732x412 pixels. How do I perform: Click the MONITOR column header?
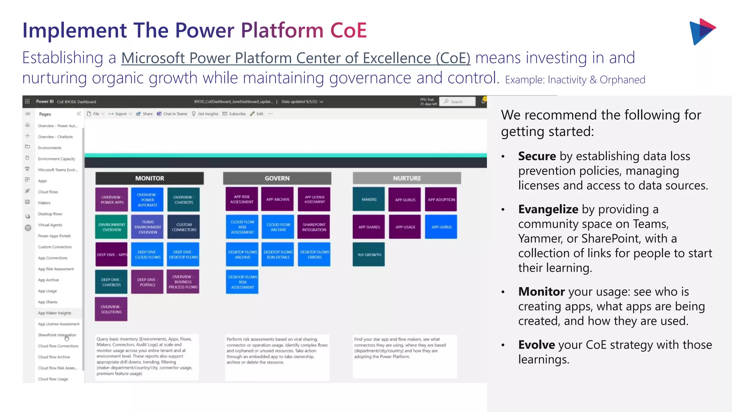click(x=149, y=178)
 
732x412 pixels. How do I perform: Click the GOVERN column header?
click(x=277, y=178)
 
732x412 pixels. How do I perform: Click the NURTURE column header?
click(x=407, y=178)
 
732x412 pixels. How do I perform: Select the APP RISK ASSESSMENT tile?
click(x=242, y=199)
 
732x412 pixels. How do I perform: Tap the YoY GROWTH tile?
click(x=369, y=255)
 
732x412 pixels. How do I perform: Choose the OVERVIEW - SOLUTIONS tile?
click(x=111, y=309)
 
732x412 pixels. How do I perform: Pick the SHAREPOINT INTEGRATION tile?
click(x=314, y=227)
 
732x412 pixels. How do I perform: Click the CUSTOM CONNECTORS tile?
click(x=184, y=227)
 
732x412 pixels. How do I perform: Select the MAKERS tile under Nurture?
click(x=369, y=199)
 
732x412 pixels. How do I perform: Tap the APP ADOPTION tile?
click(x=441, y=200)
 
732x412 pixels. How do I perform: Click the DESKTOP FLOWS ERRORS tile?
click(x=315, y=255)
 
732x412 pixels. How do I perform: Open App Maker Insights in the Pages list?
click(x=54, y=313)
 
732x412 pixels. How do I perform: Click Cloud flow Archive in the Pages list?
click(x=54, y=357)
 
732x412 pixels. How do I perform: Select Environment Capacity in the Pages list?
click(x=56, y=159)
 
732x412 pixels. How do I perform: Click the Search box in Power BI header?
click(x=457, y=102)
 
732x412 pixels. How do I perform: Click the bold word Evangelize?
click(x=548, y=209)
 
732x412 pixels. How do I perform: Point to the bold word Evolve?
click(x=536, y=345)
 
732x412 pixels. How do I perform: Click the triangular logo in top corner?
click(x=702, y=31)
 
